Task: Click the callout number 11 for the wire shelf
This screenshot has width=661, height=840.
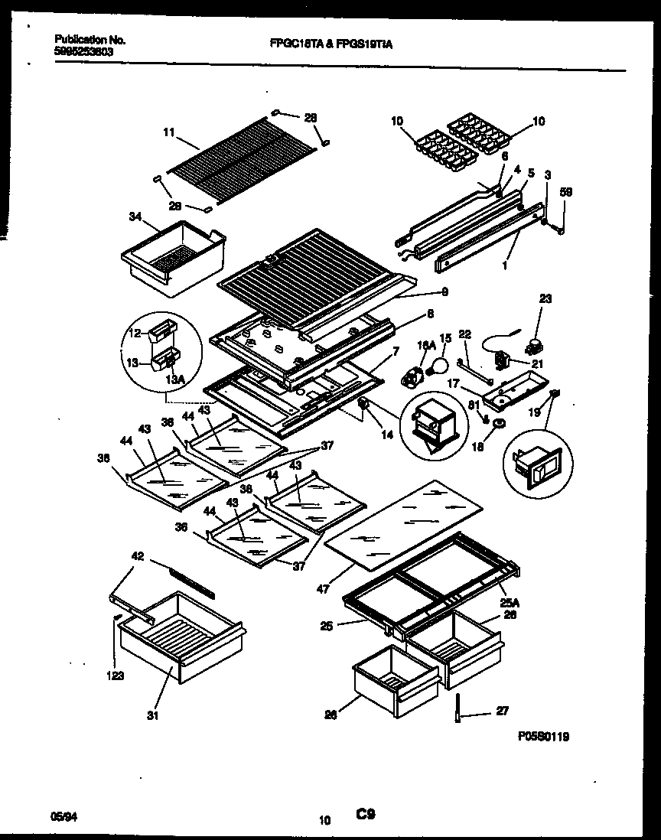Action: point(168,132)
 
